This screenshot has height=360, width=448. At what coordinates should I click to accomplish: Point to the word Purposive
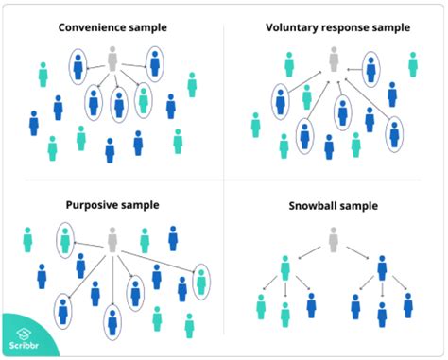click(x=95, y=204)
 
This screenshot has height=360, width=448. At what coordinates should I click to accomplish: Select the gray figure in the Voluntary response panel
click(x=333, y=60)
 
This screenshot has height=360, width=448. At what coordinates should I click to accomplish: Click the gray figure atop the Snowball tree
click(x=333, y=239)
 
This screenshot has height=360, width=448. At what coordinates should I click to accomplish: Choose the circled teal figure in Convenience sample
click(x=143, y=98)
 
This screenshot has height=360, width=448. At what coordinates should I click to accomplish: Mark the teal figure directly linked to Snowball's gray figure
click(x=284, y=269)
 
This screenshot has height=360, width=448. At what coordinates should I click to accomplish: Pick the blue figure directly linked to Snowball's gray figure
click(x=382, y=269)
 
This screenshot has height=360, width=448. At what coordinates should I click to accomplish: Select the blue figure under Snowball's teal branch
click(x=311, y=304)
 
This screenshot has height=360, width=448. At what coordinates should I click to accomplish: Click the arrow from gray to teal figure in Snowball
click(x=307, y=253)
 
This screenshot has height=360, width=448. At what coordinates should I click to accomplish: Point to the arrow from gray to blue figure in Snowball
click(x=358, y=253)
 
